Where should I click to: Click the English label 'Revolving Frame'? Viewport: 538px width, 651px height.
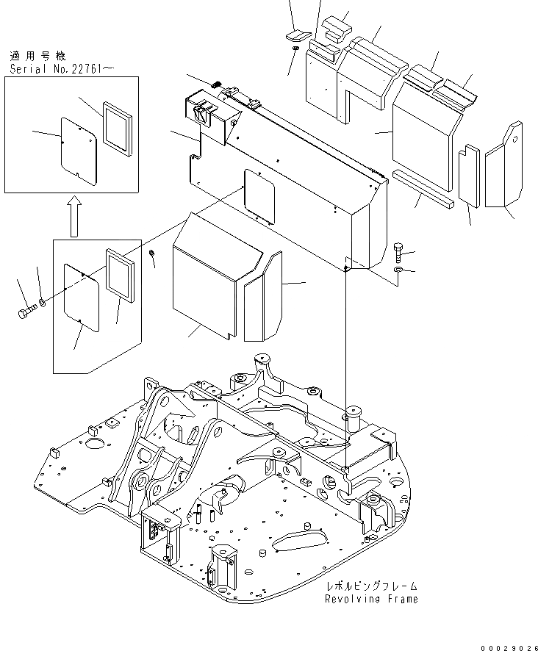point(371,599)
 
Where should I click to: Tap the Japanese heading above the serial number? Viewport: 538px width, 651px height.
point(35,56)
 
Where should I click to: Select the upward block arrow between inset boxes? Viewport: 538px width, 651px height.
point(74,219)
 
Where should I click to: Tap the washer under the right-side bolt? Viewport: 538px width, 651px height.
point(398,271)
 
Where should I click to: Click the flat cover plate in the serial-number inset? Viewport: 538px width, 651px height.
point(77,150)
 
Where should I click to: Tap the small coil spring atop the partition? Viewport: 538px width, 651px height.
point(215,86)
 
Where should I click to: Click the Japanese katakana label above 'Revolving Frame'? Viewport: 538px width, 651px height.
point(373,586)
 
